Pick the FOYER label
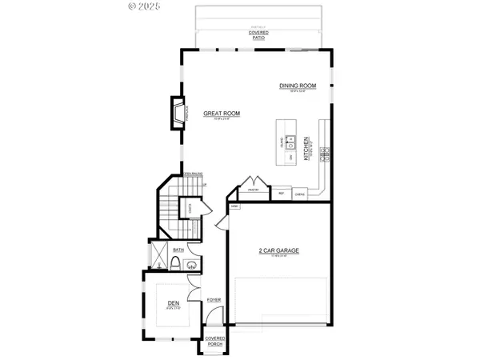tap(214, 299)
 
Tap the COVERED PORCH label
tap(214, 341)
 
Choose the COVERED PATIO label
tap(258, 35)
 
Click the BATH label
tap(178, 251)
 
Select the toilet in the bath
tap(175, 265)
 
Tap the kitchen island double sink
tap(295, 144)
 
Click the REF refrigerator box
tap(282, 193)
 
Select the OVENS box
tap(300, 193)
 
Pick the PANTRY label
tap(253, 191)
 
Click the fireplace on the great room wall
tap(178, 114)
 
